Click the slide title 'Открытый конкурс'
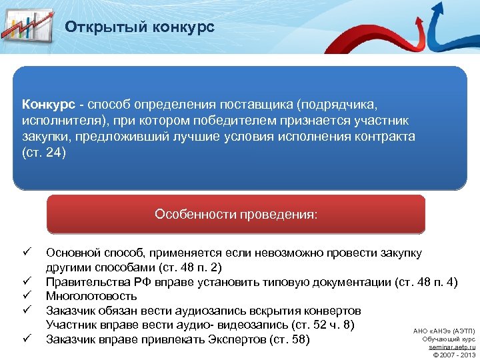tap(139, 27)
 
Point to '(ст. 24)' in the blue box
tap(44, 152)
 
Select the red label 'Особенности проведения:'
tap(236, 214)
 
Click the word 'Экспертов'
tap(234, 340)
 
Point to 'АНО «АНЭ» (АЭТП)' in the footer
tap(444, 331)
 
